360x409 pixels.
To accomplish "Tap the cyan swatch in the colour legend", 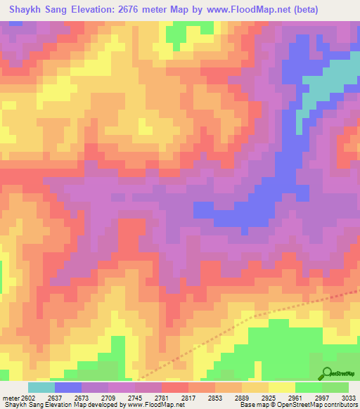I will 41,387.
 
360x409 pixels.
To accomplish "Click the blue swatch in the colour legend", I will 68,387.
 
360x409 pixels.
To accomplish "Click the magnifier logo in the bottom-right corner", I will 328,373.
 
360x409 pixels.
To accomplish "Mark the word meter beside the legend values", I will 11,397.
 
